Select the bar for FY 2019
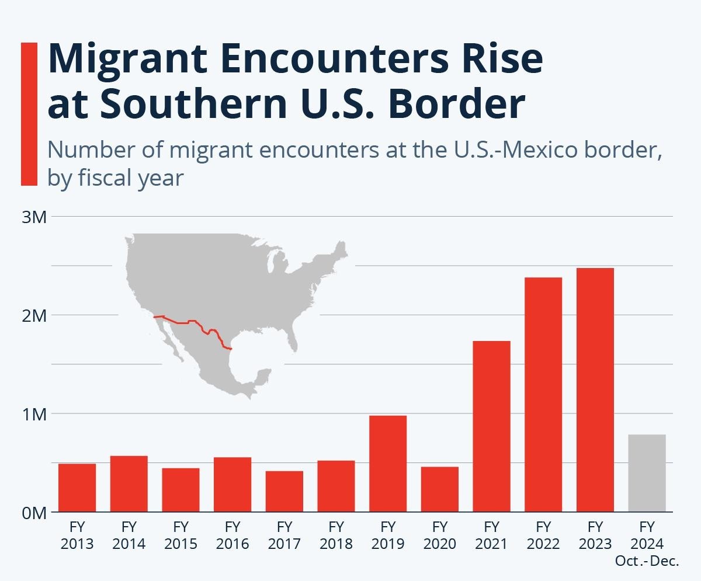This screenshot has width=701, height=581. tap(388, 464)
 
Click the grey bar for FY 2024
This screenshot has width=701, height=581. tap(647, 473)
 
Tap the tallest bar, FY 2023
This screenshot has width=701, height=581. tap(595, 389)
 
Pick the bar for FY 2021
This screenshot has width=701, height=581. tap(491, 426)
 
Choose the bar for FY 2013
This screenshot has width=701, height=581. tap(77, 488)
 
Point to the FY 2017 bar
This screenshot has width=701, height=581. tap(284, 491)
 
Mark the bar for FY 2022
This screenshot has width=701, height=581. tap(543, 395)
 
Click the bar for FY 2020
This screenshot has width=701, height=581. tap(440, 489)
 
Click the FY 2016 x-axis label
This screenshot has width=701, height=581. tap(232, 535)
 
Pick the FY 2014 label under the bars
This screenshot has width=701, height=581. tap(129, 535)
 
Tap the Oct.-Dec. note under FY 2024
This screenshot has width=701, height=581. tap(647, 562)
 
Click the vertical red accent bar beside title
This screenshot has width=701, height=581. tap(29, 114)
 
